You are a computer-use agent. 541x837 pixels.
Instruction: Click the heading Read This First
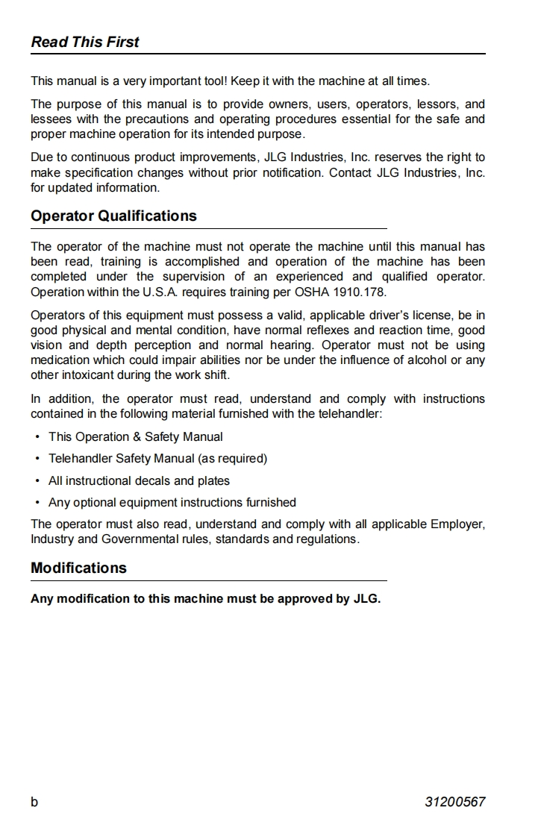[x=85, y=42]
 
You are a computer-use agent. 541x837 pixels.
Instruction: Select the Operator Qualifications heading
[x=113, y=216]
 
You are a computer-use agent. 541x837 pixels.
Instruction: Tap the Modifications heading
[x=78, y=568]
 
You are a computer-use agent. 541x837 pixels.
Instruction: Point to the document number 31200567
[x=455, y=803]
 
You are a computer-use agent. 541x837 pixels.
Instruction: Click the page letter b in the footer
[x=34, y=803]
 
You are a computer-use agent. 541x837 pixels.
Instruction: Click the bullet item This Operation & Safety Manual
[x=135, y=437]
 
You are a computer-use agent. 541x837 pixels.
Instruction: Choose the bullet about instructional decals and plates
[x=139, y=481]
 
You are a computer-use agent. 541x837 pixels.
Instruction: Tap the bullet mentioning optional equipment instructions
[x=172, y=503]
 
